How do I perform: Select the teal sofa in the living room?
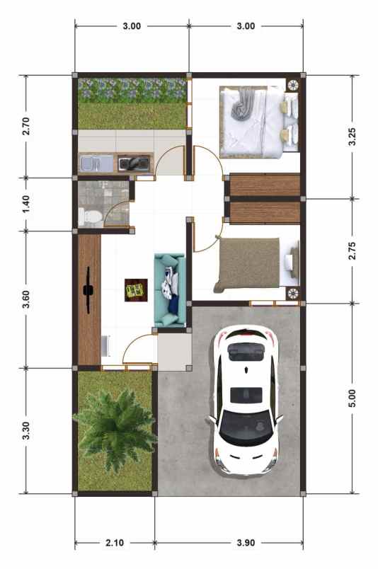(169, 290)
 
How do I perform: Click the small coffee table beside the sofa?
(134, 289)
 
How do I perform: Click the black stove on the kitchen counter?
(134, 164)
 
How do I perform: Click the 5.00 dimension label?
(352, 398)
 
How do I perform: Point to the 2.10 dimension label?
(114, 544)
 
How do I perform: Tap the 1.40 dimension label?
(27, 204)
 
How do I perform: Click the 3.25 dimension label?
(352, 136)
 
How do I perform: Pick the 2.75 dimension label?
(352, 251)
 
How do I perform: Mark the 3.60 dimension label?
(27, 299)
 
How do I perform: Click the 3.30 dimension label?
(27, 430)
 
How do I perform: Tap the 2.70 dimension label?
(27, 125)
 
